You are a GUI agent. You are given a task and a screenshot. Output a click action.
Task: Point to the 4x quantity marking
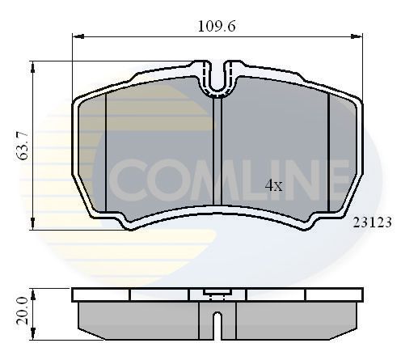point(274,185)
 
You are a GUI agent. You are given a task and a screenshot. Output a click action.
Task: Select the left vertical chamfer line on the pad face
point(107,150)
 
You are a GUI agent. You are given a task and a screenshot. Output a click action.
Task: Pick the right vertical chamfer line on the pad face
point(326,150)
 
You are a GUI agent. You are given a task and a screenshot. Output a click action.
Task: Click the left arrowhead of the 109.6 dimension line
point(77,36)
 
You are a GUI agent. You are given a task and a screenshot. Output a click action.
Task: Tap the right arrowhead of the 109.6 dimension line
point(357,36)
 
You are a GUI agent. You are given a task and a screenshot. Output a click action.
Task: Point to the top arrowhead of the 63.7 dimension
point(32,65)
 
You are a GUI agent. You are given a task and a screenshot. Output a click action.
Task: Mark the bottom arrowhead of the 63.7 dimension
point(32,226)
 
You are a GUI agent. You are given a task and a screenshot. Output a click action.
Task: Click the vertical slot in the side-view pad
point(216,324)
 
